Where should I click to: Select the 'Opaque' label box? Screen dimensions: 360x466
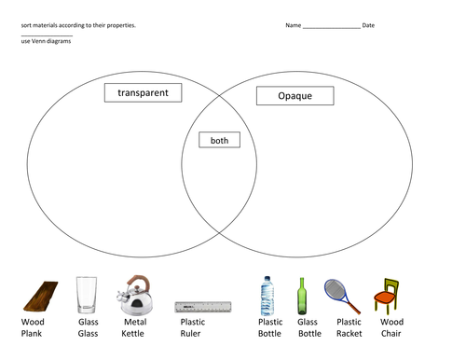[x=295, y=96]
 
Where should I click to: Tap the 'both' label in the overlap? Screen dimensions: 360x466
[x=219, y=141]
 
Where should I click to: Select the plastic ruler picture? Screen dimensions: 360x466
[x=202, y=306]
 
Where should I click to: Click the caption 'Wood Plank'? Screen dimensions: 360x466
[x=34, y=327]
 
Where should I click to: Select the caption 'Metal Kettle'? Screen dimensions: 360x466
[x=135, y=327]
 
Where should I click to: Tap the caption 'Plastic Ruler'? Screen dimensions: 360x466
[x=193, y=327]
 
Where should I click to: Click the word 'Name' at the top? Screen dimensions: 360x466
[x=294, y=25]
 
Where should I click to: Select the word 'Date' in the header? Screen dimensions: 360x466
[x=368, y=25]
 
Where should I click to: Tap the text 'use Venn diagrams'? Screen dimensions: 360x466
[x=45, y=42]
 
